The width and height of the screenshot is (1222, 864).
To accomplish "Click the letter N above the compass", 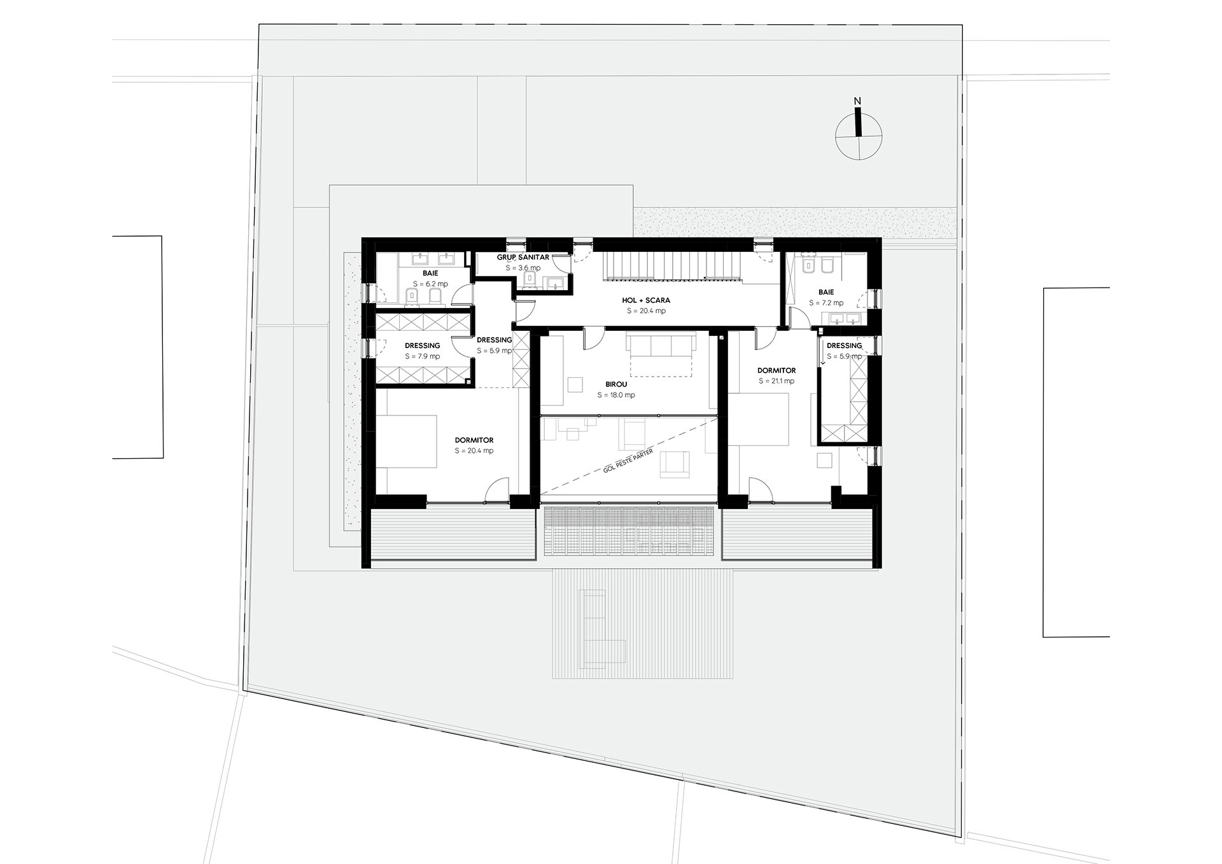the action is [857, 101].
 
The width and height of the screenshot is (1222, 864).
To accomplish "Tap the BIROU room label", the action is [616, 384].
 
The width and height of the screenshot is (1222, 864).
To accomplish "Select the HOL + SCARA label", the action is [646, 300].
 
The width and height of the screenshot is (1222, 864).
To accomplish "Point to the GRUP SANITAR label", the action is [523, 258].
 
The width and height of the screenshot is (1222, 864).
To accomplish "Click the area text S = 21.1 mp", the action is [776, 381].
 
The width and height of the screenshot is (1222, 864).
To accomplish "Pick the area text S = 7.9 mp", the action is [422, 356].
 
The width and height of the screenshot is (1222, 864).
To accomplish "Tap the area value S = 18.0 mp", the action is [616, 395].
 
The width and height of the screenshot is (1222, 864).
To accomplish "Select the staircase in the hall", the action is [672, 265].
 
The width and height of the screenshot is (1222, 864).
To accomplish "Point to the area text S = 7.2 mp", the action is [826, 303].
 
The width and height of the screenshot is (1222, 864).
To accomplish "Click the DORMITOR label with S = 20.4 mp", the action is [474, 440].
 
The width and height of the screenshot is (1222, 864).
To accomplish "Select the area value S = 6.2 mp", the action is [430, 284].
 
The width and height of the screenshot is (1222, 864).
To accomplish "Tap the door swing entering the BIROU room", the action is [591, 339].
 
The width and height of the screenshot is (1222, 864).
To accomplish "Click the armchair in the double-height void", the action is [675, 463].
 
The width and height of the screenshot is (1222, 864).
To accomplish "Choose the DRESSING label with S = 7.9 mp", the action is [422, 345].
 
